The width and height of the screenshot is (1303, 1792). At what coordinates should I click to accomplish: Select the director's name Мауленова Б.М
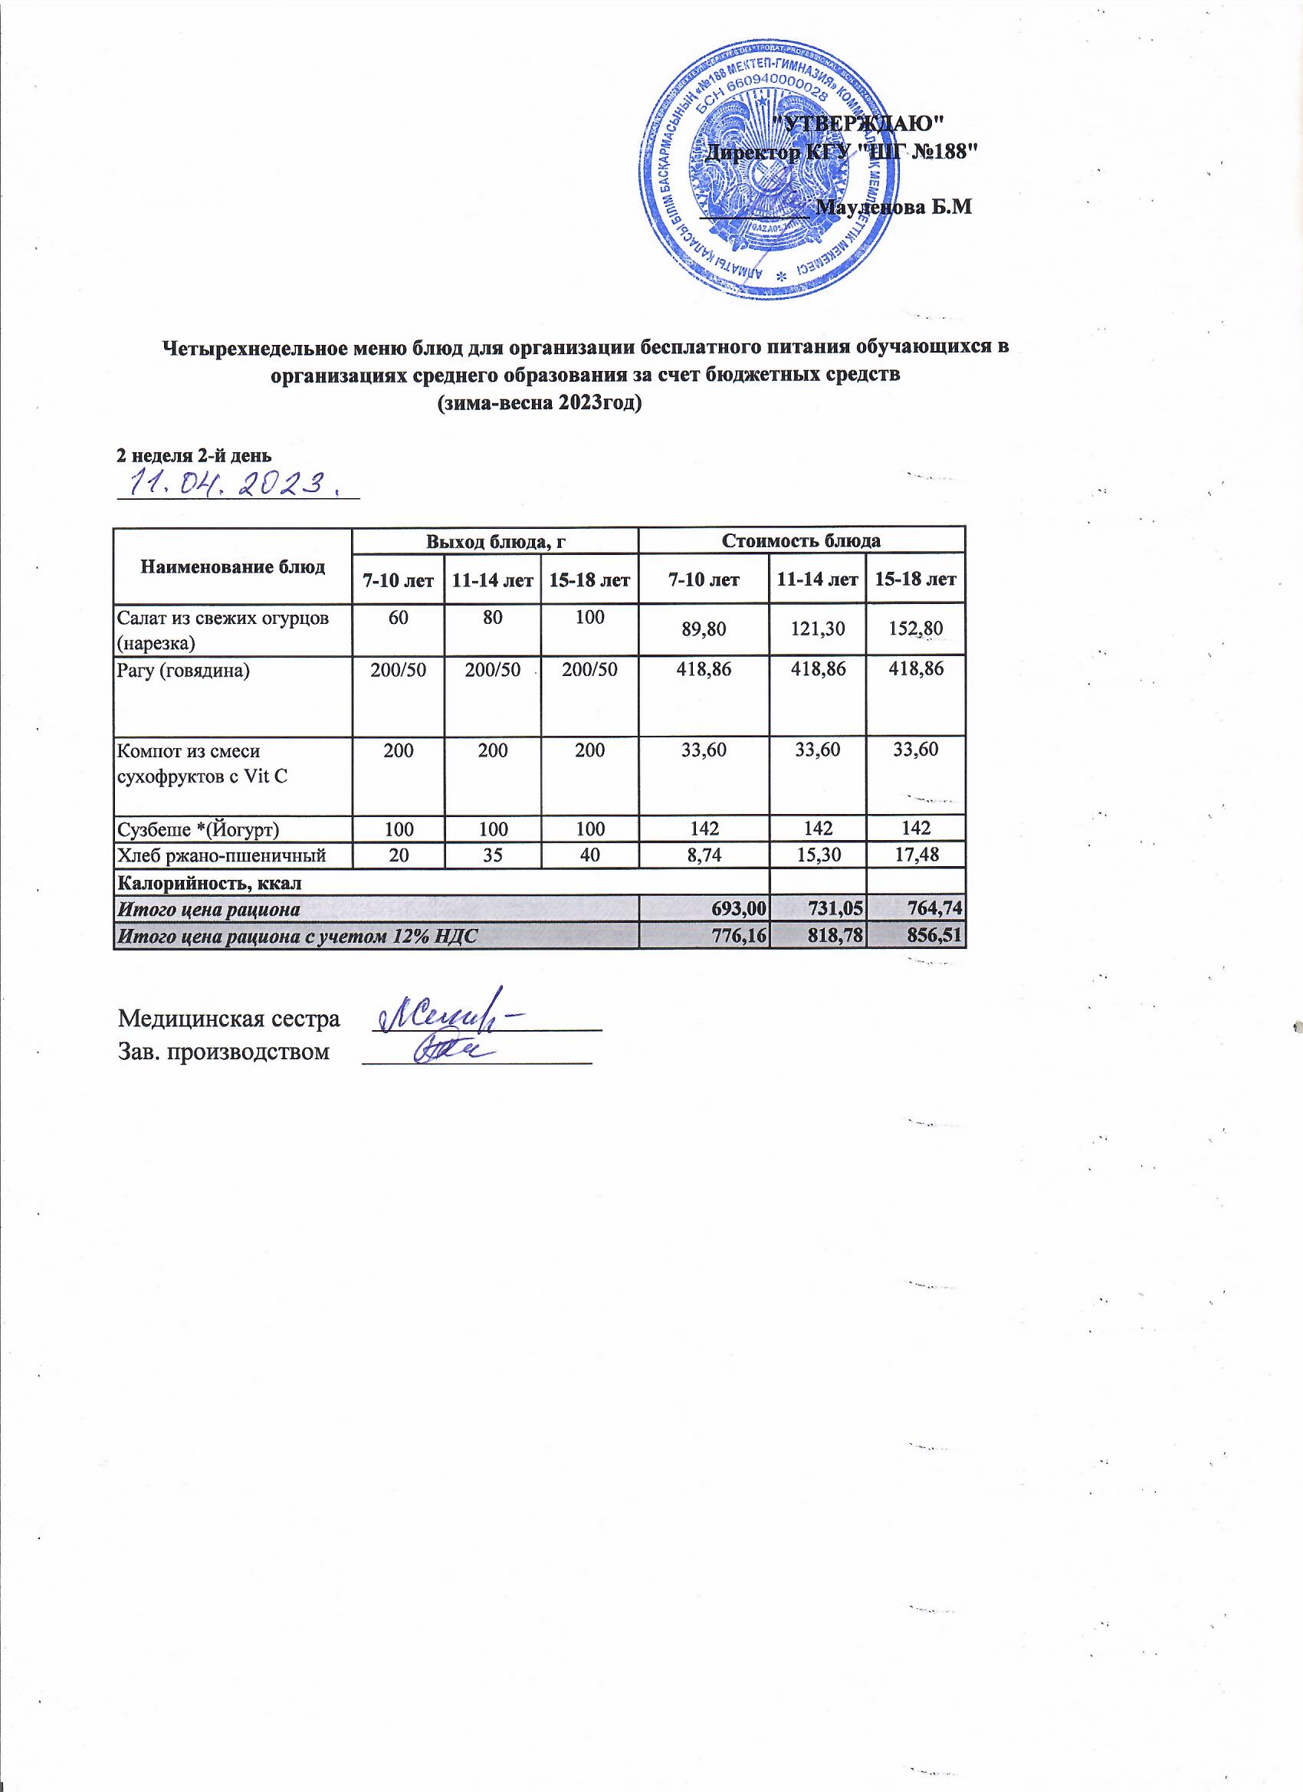pos(893,208)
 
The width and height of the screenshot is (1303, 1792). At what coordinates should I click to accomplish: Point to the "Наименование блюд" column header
pos(232,566)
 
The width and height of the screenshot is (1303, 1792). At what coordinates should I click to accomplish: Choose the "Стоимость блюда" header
pos(801,541)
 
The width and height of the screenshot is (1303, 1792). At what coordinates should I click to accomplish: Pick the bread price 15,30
pos(817,854)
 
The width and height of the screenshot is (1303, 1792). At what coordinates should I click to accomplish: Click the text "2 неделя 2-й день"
pos(195,455)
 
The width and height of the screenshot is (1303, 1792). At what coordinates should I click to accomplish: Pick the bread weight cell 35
pos(492,854)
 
